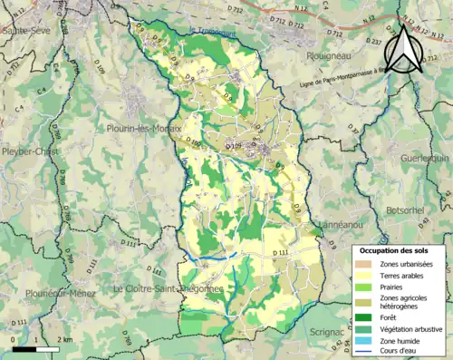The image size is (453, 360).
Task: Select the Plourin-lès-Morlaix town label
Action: pyautogui.click(x=143, y=129)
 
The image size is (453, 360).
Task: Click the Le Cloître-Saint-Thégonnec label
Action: pyautogui.click(x=169, y=288)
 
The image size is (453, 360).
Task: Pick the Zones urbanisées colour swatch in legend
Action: pyautogui.click(x=367, y=263)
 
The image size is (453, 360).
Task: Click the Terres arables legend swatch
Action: pyautogui.click(x=367, y=275)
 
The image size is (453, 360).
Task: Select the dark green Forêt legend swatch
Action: pyautogui.click(x=367, y=317)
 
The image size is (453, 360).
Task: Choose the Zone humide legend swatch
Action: pyautogui.click(x=367, y=340)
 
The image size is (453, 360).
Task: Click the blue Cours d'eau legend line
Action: pyautogui.click(x=367, y=351)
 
